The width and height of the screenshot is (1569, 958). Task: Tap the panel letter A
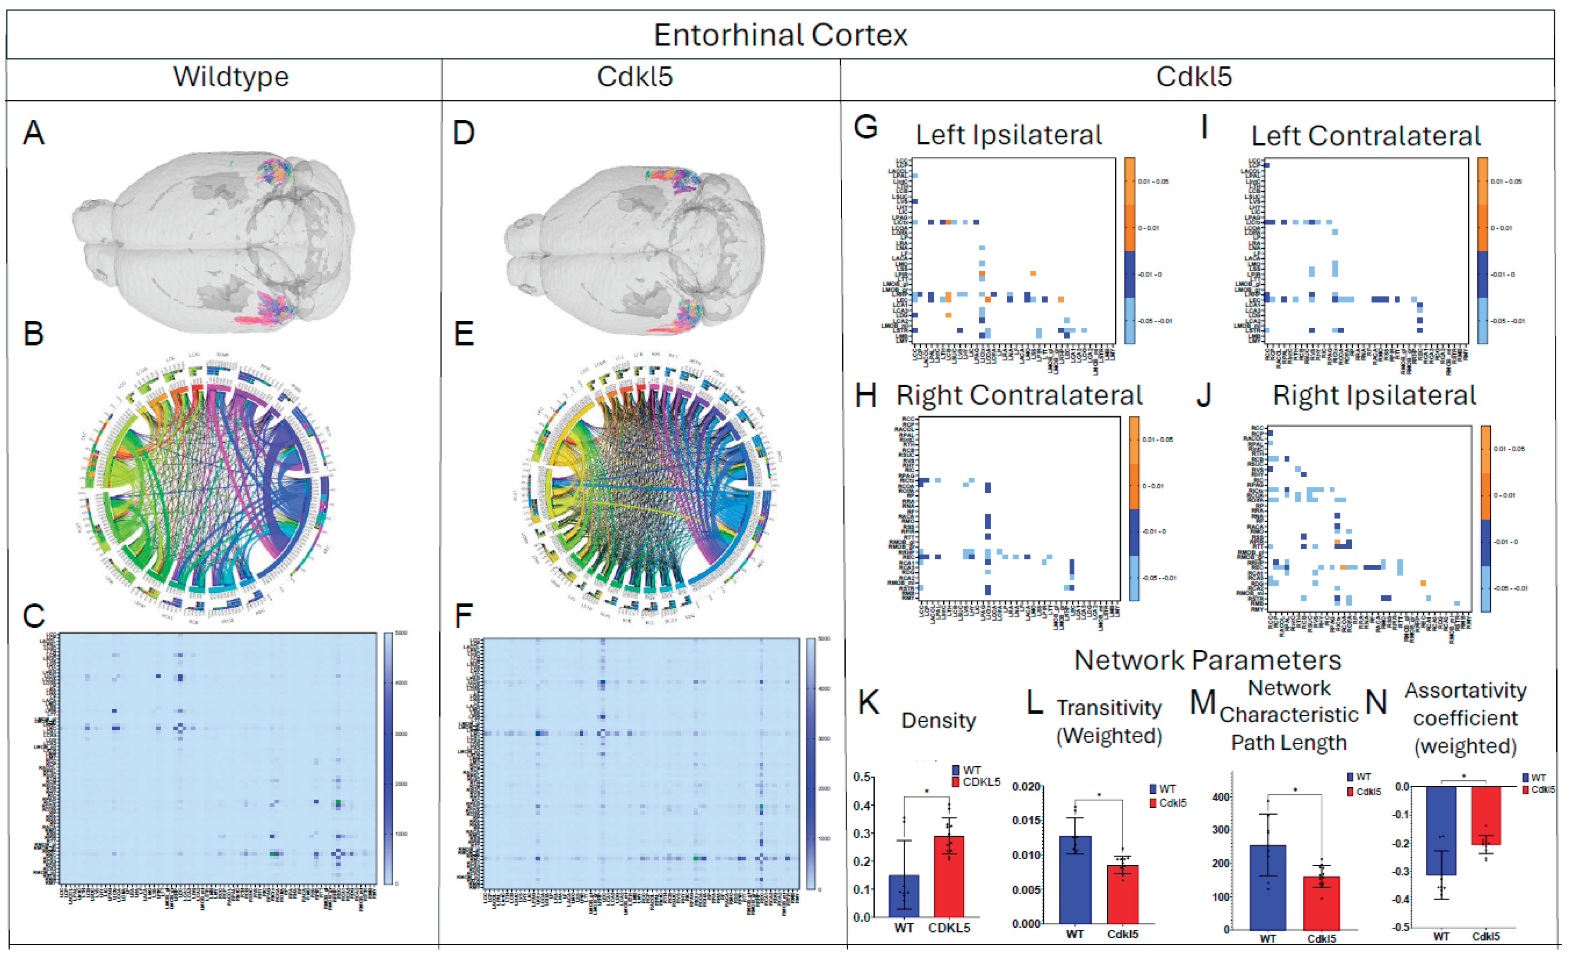coord(34,133)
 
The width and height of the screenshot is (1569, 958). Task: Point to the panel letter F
coord(463,616)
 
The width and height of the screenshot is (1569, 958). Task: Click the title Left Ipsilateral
coord(1009,135)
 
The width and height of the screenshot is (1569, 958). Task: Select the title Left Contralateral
coord(1366,136)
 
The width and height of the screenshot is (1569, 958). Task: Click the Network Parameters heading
coord(1207,660)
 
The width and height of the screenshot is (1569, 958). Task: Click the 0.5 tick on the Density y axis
coord(862,777)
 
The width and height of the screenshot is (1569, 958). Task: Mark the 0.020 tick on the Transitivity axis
coord(1026,787)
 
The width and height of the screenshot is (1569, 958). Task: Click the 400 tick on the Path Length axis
coord(1221,797)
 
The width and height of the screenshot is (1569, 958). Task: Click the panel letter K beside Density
coord(869,702)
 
